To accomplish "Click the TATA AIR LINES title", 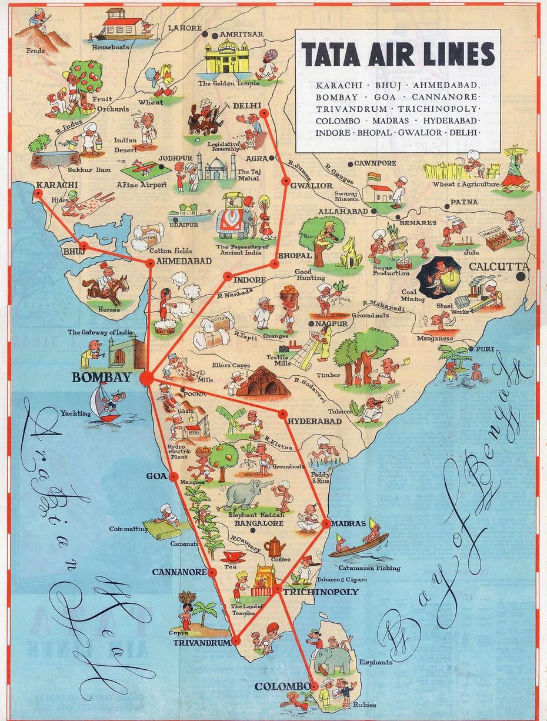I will (398, 55).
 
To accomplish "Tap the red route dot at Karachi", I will (38, 192).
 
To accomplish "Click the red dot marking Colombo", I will (314, 686).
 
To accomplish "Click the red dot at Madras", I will (326, 522).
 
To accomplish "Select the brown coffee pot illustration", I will (274, 548).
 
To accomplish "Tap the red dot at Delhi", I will (264, 112).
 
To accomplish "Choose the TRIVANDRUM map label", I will (202, 643).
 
